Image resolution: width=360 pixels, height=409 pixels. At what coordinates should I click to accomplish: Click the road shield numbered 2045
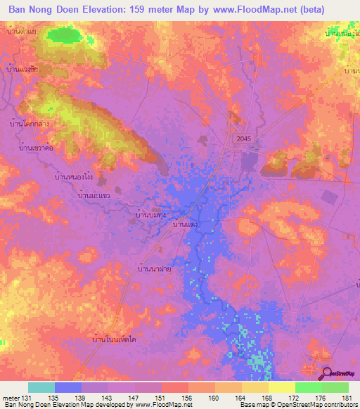(243, 140)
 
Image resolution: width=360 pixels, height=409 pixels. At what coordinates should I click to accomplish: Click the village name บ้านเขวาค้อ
(37, 148)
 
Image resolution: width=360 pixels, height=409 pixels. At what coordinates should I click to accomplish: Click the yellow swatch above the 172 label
(281, 387)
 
